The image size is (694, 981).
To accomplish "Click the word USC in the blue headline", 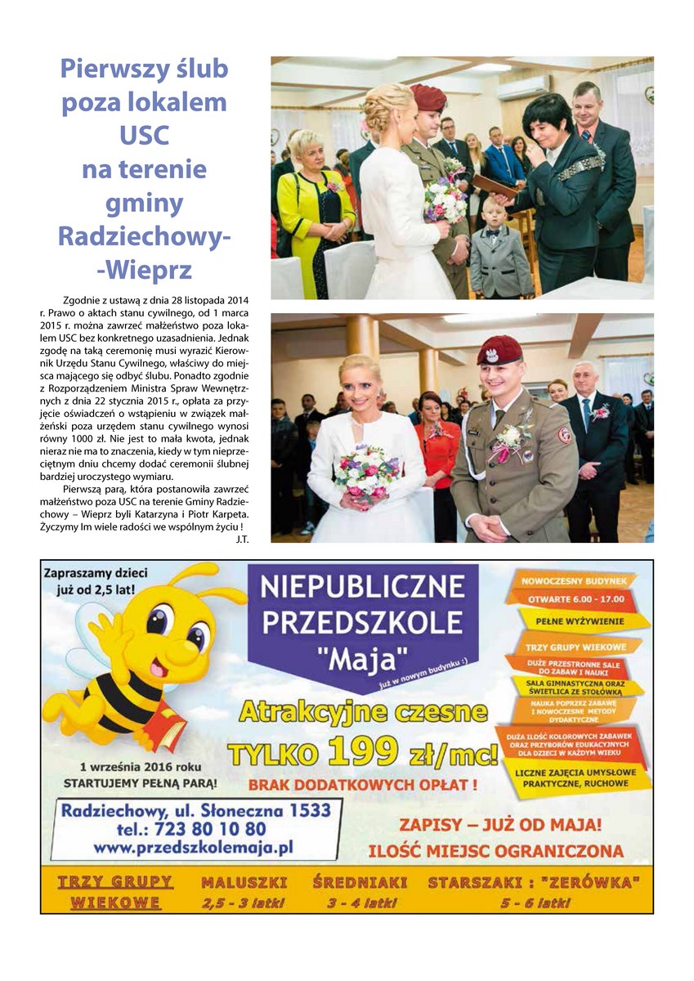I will tap(144, 134).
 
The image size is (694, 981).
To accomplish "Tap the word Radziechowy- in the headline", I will tap(144, 235).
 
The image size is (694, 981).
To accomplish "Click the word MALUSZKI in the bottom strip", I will tap(244, 883).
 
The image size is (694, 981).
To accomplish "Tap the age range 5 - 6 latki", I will tap(535, 903).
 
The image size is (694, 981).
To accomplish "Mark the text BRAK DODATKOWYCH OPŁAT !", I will tap(362, 787).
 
